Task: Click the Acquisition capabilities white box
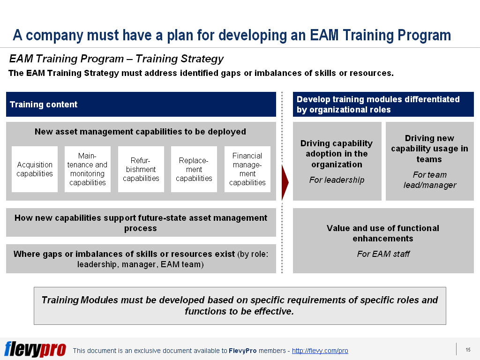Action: click(35, 169)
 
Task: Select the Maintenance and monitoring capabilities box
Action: click(88, 169)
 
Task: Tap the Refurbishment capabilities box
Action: click(141, 169)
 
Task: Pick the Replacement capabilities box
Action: click(194, 169)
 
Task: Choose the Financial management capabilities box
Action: click(247, 169)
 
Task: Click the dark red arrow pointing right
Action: click(285, 182)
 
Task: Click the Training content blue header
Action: click(141, 105)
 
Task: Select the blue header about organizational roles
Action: click(383, 105)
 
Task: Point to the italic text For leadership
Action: click(337, 180)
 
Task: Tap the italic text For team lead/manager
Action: click(429, 180)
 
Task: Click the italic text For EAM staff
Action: click(383, 254)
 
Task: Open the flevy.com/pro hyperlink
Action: click(320, 351)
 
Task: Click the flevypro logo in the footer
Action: click(35, 349)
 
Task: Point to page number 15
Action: click(468, 350)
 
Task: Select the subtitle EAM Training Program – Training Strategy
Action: click(116, 59)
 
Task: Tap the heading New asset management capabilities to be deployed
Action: click(140, 132)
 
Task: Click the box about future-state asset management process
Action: click(141, 223)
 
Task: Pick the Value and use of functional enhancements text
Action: click(383, 233)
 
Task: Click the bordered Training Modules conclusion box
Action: click(240, 306)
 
